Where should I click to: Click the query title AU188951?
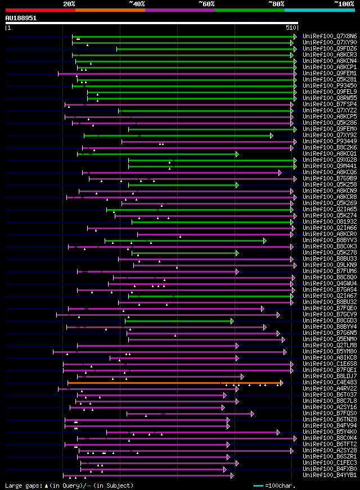tap(21, 18)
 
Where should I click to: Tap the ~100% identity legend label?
tap(344, 4)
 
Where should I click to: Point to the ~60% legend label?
tap(206, 4)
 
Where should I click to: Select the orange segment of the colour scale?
tap(110, 10)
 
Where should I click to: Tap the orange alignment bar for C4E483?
tap(169, 383)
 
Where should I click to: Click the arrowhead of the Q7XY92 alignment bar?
tap(272, 135)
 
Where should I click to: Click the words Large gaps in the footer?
tap(19, 485)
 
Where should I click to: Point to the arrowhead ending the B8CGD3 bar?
tap(232, 321)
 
